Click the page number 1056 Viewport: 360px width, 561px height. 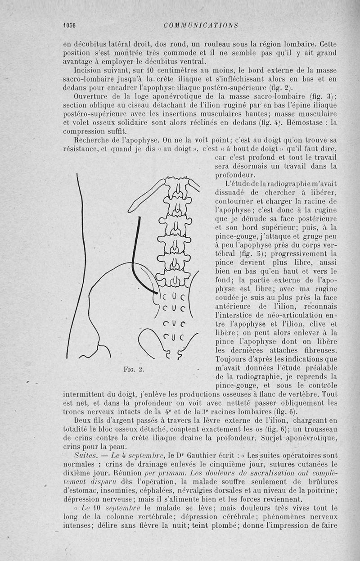tap(69, 25)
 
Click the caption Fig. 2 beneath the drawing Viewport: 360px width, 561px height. tap(134, 371)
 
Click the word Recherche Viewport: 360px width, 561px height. tap(93, 140)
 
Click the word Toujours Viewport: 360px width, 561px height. tap(234, 358)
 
